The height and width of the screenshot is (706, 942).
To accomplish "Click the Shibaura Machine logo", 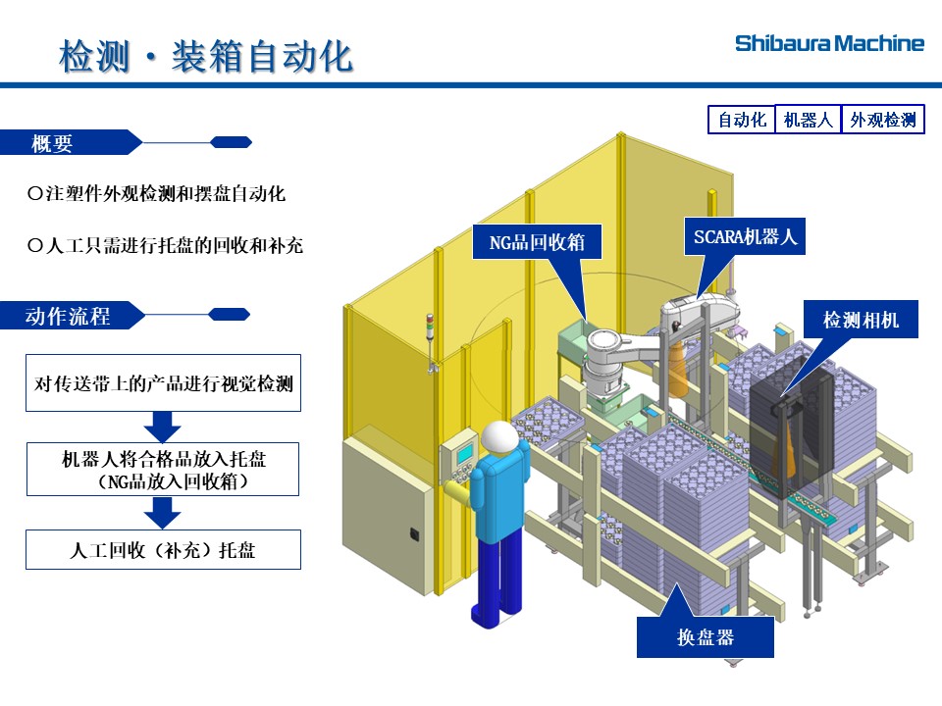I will coord(829,43).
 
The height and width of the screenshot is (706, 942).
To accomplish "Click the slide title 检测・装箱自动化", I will coord(205,56).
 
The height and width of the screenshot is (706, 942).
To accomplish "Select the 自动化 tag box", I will coord(742,120).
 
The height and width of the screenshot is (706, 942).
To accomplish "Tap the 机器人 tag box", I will coord(808,120).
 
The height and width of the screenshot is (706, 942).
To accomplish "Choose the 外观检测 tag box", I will coord(882,120).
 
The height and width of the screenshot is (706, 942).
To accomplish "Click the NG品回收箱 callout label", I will coord(537,241).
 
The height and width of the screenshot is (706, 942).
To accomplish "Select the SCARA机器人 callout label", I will coord(745,236).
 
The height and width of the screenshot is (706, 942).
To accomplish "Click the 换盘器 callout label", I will coord(705,637).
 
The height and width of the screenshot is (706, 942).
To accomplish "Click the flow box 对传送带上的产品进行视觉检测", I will coord(163,382).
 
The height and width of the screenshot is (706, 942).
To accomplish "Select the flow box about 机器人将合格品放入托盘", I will coord(163,470).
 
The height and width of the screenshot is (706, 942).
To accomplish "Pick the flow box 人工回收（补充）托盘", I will coord(163,550).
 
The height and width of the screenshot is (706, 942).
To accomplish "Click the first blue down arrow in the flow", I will coord(163,427).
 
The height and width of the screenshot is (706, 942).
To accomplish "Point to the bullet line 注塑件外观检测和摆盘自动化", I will coord(157,194).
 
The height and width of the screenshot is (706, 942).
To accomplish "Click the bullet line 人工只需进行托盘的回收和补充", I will coord(166,245).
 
